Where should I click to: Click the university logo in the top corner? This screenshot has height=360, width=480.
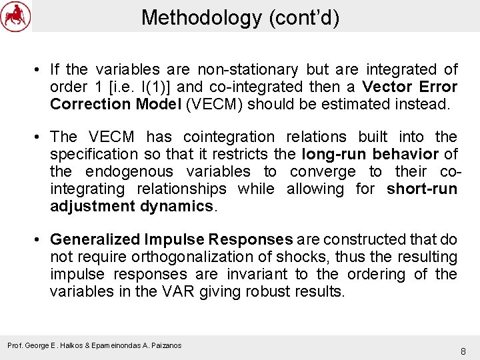tap(15, 16)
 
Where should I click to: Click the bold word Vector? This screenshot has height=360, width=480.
tap(390, 87)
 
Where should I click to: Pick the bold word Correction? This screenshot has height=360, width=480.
tap(91, 104)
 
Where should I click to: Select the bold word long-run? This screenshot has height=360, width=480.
tap(333, 154)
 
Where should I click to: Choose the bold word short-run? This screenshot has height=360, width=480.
tap(422, 189)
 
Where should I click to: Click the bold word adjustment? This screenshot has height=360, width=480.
tap(93, 206)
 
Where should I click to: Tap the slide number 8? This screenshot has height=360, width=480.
tap(463, 351)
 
